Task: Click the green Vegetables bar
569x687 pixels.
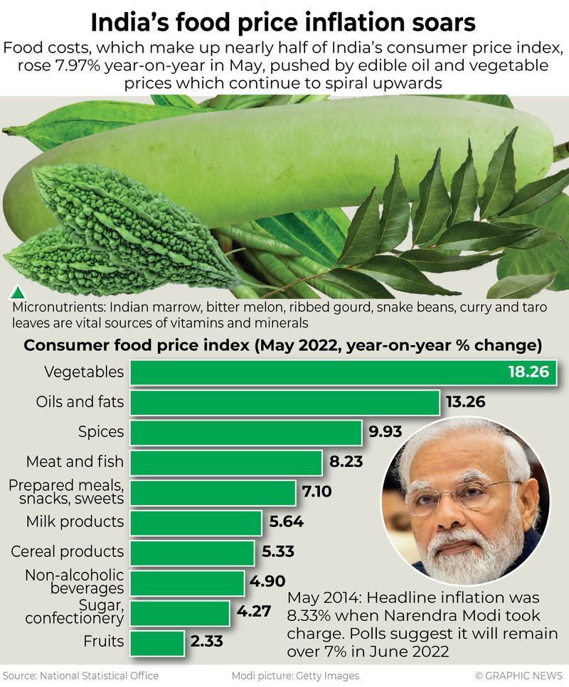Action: pyautogui.click(x=313, y=372)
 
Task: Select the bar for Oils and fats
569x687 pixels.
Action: pyautogui.click(x=284, y=402)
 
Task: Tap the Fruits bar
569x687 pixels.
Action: pyautogui.click(x=157, y=642)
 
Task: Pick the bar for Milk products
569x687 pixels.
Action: pyautogui.click(x=196, y=522)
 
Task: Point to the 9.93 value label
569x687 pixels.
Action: pyautogui.click(x=387, y=432)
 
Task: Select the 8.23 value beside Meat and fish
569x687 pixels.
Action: pyautogui.click(x=346, y=462)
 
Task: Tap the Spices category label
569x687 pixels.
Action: pyautogui.click(x=100, y=432)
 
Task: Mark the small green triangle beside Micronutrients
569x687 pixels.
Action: pyautogui.click(x=16, y=292)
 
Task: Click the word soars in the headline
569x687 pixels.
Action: pyautogui.click(x=442, y=23)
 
